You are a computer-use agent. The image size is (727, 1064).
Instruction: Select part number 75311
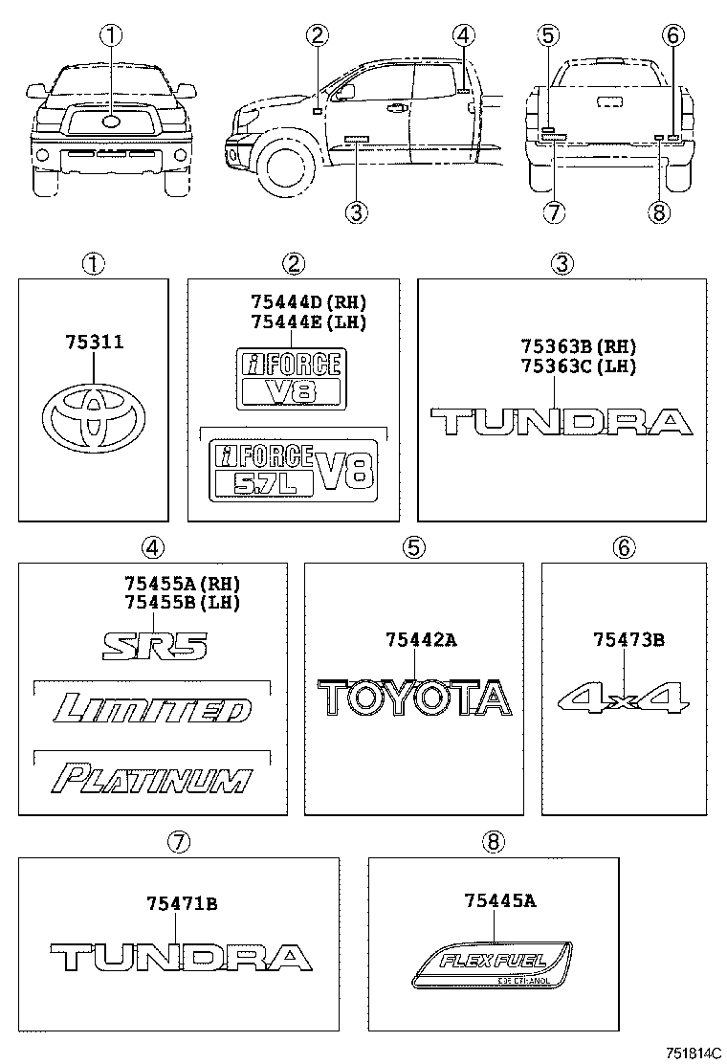point(94,341)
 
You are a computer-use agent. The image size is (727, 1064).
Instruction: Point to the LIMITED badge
point(153,710)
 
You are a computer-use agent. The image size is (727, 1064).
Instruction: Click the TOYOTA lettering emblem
point(414,698)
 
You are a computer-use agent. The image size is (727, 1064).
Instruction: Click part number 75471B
point(182,902)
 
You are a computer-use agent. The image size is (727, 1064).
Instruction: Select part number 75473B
point(628,640)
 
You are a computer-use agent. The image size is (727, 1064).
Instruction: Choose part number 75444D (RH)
point(308,301)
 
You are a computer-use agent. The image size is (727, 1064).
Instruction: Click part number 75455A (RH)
point(182,583)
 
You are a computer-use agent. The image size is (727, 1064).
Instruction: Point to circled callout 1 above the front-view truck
point(112,36)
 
